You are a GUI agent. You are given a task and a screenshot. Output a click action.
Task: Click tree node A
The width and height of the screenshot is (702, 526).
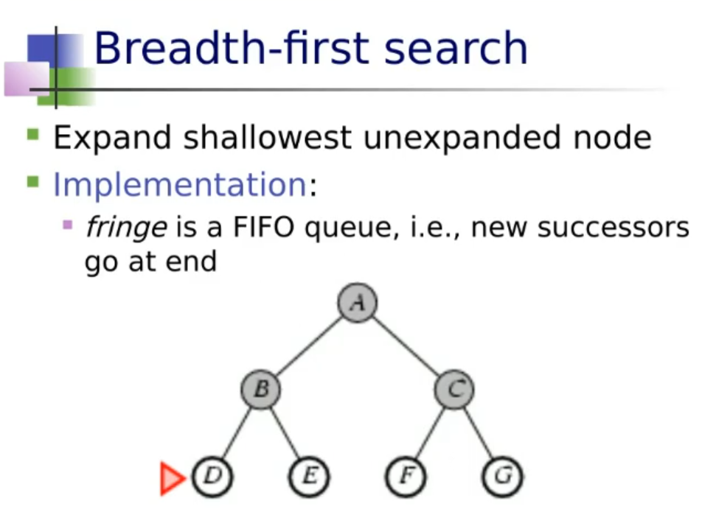(357, 302)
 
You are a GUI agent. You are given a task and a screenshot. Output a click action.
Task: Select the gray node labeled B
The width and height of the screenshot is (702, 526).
(260, 389)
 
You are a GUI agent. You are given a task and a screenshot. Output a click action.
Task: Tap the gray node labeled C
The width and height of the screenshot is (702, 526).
(454, 389)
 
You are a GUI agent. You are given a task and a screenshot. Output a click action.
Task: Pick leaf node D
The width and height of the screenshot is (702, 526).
(212, 476)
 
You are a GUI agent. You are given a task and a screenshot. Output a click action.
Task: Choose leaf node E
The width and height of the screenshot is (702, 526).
(309, 476)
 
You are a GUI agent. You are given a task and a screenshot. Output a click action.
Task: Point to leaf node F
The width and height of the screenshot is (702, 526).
(406, 476)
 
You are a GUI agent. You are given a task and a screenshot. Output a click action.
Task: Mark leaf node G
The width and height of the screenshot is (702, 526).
(502, 476)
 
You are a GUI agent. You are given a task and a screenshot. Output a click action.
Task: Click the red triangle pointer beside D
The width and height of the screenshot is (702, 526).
(171, 479)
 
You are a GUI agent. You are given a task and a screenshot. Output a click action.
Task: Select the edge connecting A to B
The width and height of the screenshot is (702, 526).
(309, 346)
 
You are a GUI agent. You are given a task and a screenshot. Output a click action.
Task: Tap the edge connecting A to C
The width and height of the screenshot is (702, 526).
(406, 346)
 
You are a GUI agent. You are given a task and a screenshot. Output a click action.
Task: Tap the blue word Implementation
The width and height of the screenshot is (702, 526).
(180, 184)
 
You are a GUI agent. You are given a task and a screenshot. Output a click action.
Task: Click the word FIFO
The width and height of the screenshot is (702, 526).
(264, 227)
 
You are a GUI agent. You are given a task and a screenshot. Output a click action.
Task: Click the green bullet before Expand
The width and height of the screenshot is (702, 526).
(33, 134)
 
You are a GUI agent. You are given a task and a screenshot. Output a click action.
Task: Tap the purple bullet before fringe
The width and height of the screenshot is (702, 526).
(68, 224)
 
